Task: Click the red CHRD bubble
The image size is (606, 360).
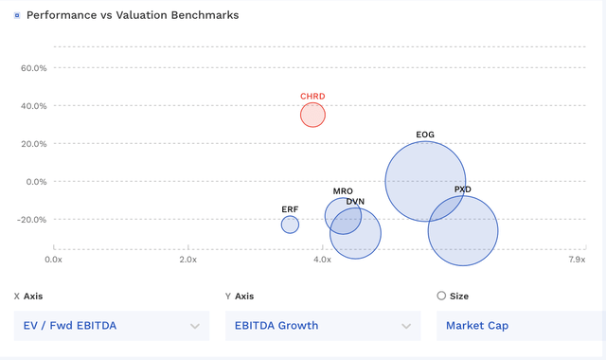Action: pyautogui.click(x=312, y=115)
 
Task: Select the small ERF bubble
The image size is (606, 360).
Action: pyautogui.click(x=290, y=225)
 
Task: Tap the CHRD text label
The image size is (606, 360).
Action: pyautogui.click(x=312, y=97)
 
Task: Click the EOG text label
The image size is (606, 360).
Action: pyautogui.click(x=425, y=135)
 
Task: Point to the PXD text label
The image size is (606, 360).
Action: pyautogui.click(x=462, y=189)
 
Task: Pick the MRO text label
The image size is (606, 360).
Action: pyautogui.click(x=343, y=191)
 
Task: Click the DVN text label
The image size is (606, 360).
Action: pyautogui.click(x=355, y=202)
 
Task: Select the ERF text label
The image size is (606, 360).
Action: pyautogui.click(x=290, y=209)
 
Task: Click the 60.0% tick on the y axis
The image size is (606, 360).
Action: pyautogui.click(x=34, y=68)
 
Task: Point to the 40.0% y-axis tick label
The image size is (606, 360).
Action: pyautogui.click(x=34, y=106)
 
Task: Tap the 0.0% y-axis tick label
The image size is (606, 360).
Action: pyautogui.click(x=37, y=182)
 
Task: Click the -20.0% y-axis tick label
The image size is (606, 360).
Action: pyautogui.click(x=33, y=220)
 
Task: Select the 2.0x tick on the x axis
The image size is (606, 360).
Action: pyautogui.click(x=187, y=259)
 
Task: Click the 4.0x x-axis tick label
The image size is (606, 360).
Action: pyautogui.click(x=322, y=259)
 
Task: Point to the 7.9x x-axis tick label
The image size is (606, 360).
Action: pyautogui.click(x=576, y=259)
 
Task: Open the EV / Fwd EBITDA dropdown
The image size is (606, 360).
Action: pyautogui.click(x=112, y=326)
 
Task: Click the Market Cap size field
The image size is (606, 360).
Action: pyautogui.click(x=519, y=326)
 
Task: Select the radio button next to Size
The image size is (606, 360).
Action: pyautogui.click(x=441, y=297)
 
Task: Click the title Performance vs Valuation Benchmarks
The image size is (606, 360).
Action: pyautogui.click(x=133, y=16)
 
